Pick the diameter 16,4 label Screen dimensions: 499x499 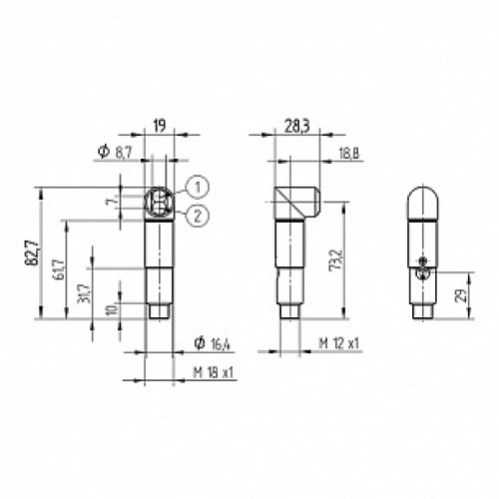[214, 345]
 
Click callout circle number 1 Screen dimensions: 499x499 [199, 186]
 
